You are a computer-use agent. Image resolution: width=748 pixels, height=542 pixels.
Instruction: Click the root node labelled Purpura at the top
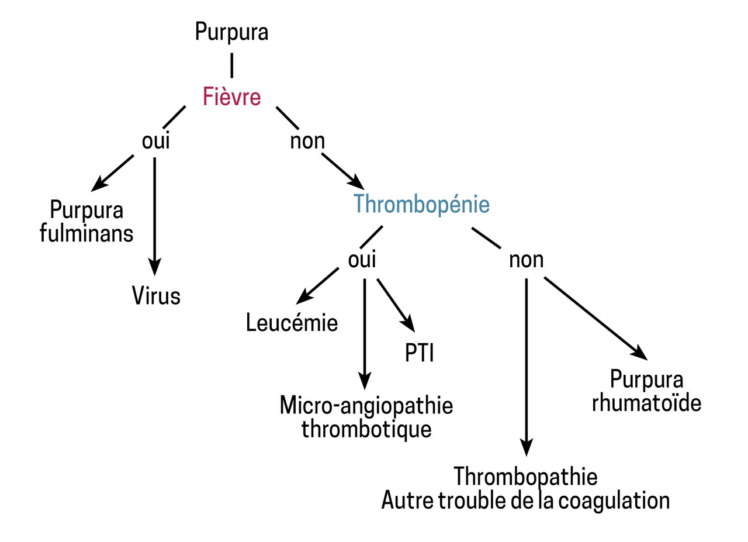pos(231,32)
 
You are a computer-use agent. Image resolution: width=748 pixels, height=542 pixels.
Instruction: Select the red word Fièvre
pos(231,96)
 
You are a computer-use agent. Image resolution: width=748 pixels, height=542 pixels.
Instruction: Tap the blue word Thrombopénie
pos(421,204)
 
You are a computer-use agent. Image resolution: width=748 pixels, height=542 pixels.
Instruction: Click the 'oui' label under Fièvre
pos(155,141)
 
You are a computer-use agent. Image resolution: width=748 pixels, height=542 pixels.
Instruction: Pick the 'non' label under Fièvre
pos(307,141)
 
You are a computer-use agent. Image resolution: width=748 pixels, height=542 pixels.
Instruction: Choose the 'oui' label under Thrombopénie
pos(362,260)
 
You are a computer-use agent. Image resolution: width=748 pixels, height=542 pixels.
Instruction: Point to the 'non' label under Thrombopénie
pos(526,260)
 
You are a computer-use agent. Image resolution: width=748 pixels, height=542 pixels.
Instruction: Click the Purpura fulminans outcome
pos(86,221)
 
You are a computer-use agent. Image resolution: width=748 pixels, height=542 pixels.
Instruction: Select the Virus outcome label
pos(155,296)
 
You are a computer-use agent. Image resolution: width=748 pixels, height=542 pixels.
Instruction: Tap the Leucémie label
pos(292,323)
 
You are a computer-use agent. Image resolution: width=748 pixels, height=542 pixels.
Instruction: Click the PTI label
pos(420,353)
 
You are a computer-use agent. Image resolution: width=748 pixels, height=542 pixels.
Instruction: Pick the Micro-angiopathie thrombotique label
pos(366,417)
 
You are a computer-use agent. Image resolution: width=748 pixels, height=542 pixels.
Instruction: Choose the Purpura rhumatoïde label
pos(646,391)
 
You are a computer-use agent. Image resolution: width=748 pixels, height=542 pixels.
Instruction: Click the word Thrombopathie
pos(525,476)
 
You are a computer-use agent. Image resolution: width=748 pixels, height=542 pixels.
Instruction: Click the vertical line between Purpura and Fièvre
pos(232,65)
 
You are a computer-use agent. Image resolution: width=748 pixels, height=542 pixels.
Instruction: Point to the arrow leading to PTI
pos(395,305)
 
